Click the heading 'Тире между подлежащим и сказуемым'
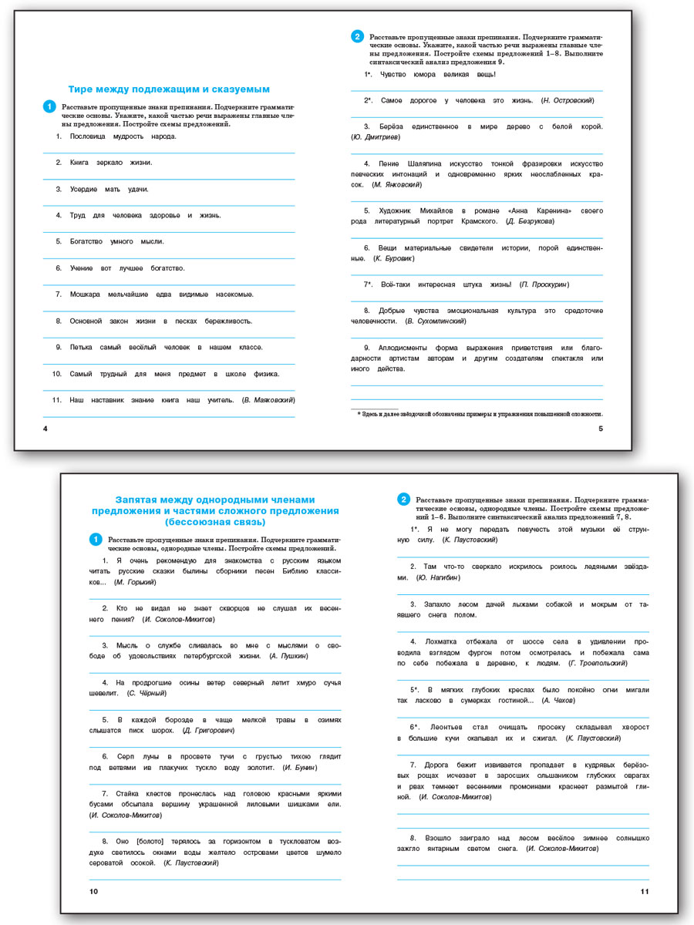tap(169, 89)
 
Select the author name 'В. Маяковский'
tap(269, 400)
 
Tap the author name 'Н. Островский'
tap(568, 100)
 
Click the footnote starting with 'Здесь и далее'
tap(482, 414)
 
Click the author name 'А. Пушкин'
tap(289, 656)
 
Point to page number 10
tap(94, 892)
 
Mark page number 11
tap(645, 892)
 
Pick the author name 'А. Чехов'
tap(558, 700)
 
